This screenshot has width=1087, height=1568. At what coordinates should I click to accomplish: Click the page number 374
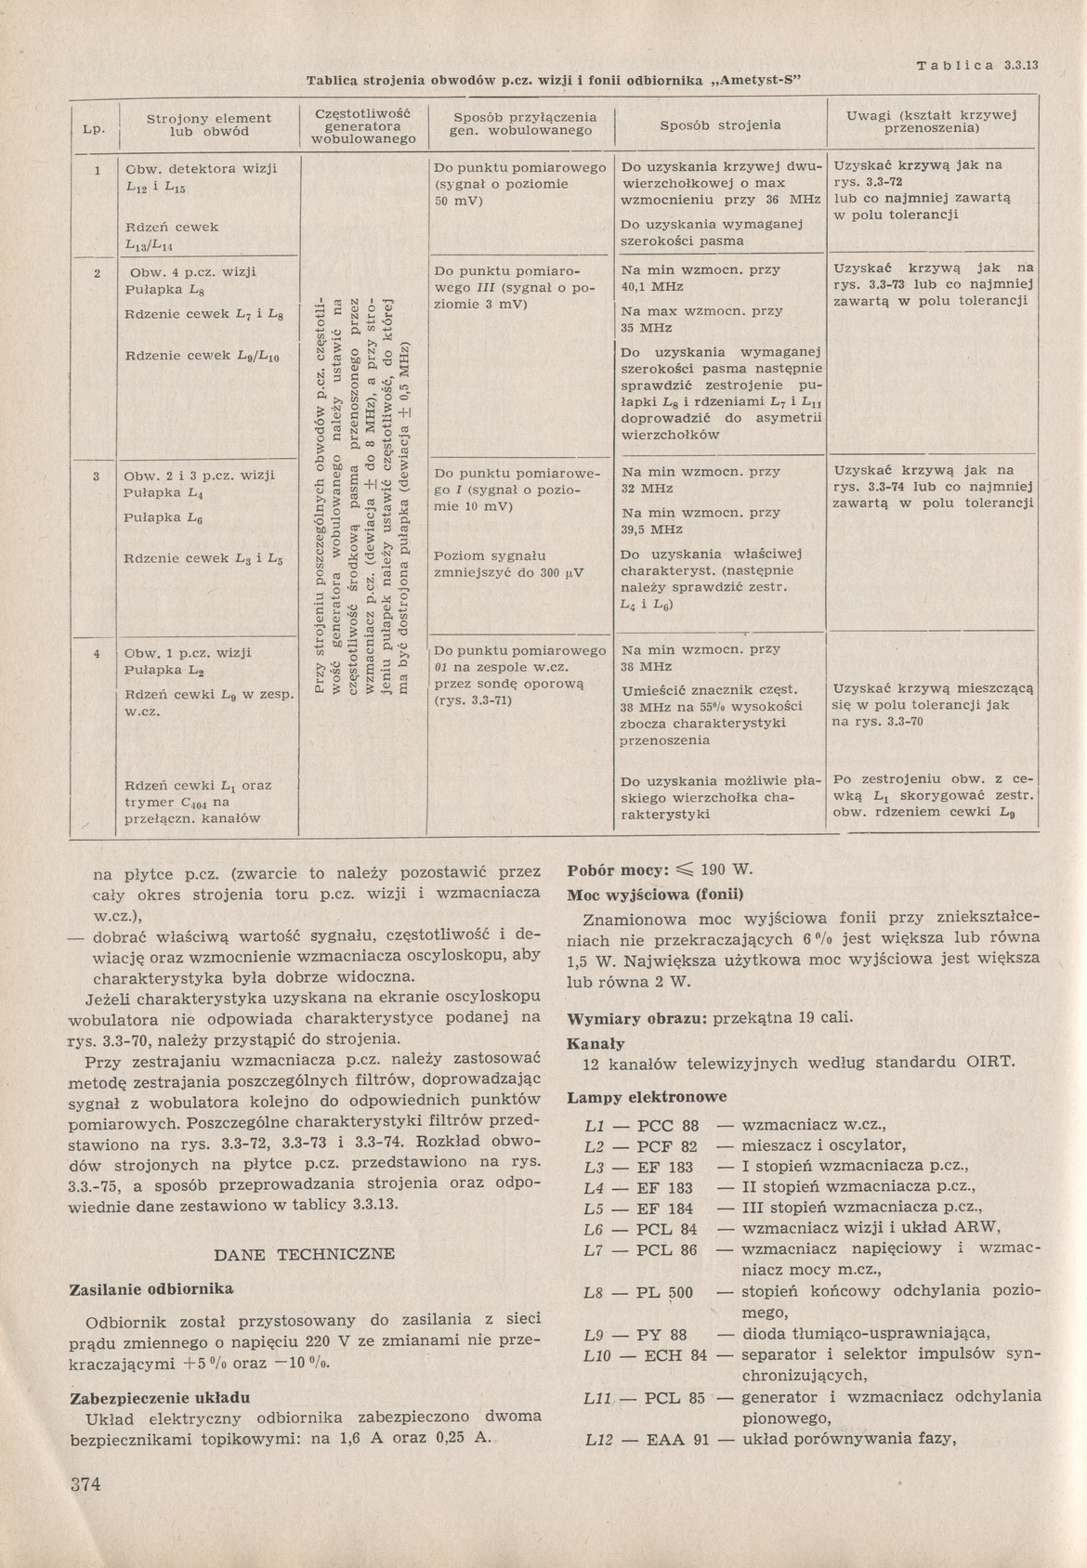tap(85, 1483)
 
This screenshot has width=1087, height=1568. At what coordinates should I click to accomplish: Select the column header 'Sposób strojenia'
tap(720, 125)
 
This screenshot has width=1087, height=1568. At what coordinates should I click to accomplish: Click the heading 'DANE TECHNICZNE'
tap(305, 1254)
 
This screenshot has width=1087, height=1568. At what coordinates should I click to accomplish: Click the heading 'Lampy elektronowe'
tap(647, 1097)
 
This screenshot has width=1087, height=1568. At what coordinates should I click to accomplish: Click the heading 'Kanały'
tap(596, 1043)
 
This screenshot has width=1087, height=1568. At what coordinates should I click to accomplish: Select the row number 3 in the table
tap(97, 476)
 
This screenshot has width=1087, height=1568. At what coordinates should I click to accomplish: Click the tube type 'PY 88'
tap(662, 1335)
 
